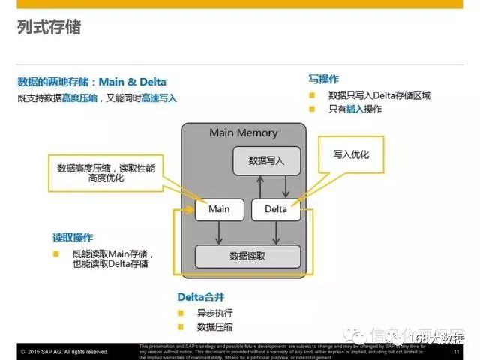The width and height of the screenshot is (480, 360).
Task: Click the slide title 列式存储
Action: coord(49,28)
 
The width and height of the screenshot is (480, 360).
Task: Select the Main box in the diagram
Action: coord(219,209)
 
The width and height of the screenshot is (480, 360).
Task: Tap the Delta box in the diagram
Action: coord(276,209)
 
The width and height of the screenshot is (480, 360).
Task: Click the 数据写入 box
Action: coord(266,160)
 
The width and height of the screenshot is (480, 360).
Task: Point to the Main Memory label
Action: coord(243,133)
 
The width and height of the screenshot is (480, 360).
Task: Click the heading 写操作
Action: coord(324,79)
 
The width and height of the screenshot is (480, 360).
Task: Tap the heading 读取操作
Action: coord(73,238)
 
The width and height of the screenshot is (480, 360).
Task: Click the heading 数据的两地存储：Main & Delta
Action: coord(91,82)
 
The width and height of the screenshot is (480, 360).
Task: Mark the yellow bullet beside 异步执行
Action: coord(181,313)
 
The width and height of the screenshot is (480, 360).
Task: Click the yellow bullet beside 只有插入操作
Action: coord(312,109)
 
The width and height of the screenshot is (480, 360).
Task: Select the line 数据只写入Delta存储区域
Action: coord(379,95)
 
